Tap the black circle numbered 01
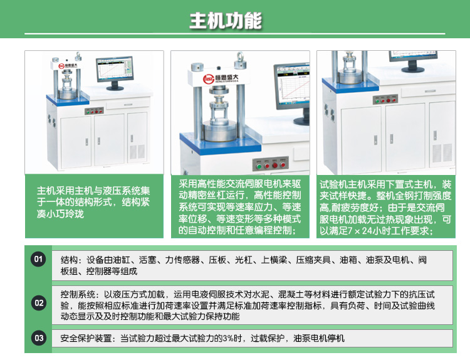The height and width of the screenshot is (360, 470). [39, 259]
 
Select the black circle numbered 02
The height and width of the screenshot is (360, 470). [39, 304]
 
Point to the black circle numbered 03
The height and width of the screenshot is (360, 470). [39, 338]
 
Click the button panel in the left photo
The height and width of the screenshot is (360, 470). [95, 111]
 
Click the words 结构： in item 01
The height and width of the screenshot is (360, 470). [73, 260]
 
